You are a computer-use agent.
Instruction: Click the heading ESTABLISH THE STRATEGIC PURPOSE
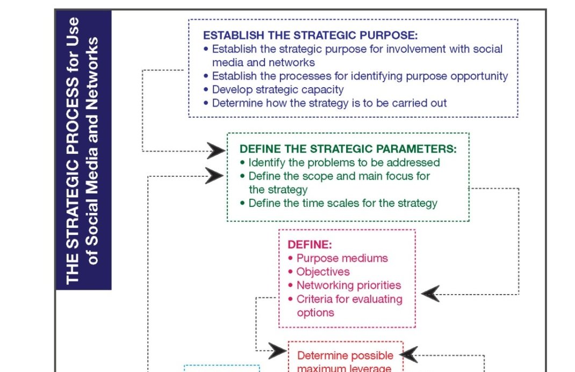[310, 35]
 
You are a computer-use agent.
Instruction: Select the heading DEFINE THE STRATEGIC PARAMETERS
[348, 149]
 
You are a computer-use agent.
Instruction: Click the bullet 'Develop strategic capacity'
[277, 90]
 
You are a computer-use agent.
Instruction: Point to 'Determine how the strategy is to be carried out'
[329, 103]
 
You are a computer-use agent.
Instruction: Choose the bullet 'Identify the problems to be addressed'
[344, 162]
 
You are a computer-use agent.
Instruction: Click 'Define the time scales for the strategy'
[342, 203]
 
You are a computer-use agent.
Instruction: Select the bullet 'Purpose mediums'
[342, 258]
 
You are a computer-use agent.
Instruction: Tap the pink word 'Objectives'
[322, 272]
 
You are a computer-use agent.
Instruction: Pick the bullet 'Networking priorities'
[348, 285]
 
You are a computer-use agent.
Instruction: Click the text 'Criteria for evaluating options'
[349, 305]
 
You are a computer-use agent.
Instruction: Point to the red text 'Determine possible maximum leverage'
[344, 362]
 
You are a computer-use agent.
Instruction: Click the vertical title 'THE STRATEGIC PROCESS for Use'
[73, 151]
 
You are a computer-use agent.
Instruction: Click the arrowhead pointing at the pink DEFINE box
[430, 294]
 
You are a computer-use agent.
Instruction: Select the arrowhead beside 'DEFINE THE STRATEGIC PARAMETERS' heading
[215, 151]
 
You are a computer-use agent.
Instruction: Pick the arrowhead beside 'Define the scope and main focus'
[215, 176]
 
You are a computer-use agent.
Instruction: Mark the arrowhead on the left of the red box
[277, 351]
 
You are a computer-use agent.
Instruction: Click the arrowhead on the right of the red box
[409, 355]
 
